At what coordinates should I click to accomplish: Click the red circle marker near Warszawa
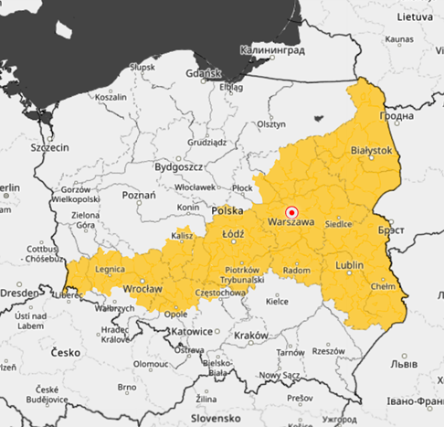pyautogui.click(x=292, y=209)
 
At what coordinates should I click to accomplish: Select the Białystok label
pyautogui.click(x=371, y=150)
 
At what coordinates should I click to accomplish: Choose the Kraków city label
pyautogui.click(x=250, y=336)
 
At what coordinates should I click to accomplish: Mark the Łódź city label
pyautogui.click(x=233, y=234)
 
